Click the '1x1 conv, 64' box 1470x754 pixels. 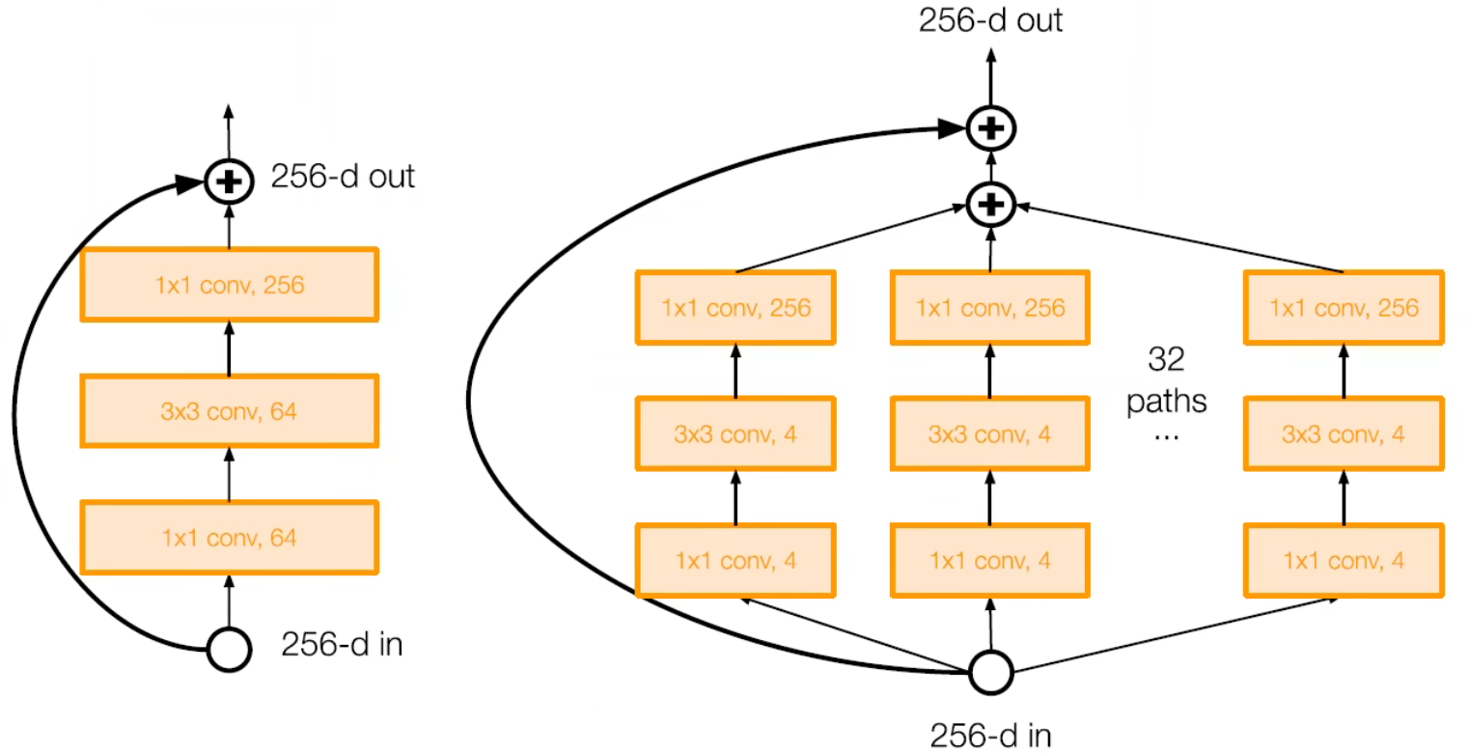[x=230, y=538]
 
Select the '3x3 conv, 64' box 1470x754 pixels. [x=230, y=411]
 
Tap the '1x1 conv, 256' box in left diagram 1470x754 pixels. [x=230, y=285]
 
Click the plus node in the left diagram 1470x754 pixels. [x=229, y=181]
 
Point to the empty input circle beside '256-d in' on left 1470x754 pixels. [x=229, y=649]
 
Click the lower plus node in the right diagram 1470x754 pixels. [x=990, y=205]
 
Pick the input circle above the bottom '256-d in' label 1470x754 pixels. [x=990, y=672]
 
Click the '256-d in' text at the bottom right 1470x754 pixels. [x=990, y=734]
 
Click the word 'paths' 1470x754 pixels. [x=1167, y=400]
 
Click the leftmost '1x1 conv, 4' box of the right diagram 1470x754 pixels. [x=735, y=560]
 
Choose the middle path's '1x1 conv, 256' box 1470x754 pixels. [x=990, y=308]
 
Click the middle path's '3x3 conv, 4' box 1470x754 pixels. [x=990, y=433]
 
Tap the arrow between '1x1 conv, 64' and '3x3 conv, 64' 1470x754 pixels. [x=230, y=474]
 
